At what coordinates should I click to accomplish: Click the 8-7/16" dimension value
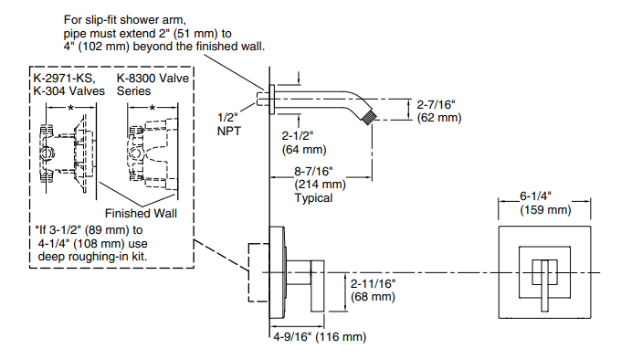click(x=313, y=172)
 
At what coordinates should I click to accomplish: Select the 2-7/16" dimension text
click(x=436, y=104)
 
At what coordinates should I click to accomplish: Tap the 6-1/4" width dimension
click(x=535, y=196)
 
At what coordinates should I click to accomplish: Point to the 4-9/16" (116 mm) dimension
click(x=320, y=336)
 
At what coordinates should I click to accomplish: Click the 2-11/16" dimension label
click(x=374, y=283)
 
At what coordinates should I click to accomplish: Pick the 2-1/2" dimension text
click(x=298, y=136)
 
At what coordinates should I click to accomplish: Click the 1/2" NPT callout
click(x=228, y=124)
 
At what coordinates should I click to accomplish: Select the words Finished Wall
click(x=141, y=214)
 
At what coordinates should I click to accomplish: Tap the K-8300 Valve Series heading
click(x=153, y=84)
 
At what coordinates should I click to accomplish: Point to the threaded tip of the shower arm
click(x=369, y=116)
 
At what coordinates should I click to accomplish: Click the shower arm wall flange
click(x=272, y=100)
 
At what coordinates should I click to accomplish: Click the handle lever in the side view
click(x=318, y=286)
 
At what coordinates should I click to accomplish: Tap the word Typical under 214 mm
click(x=313, y=198)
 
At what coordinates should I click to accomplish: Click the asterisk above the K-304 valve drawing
click(x=70, y=108)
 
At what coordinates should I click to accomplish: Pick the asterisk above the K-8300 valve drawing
click(x=153, y=108)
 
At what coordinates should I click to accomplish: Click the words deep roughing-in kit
click(x=92, y=257)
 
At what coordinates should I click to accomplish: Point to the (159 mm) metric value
click(x=545, y=210)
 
